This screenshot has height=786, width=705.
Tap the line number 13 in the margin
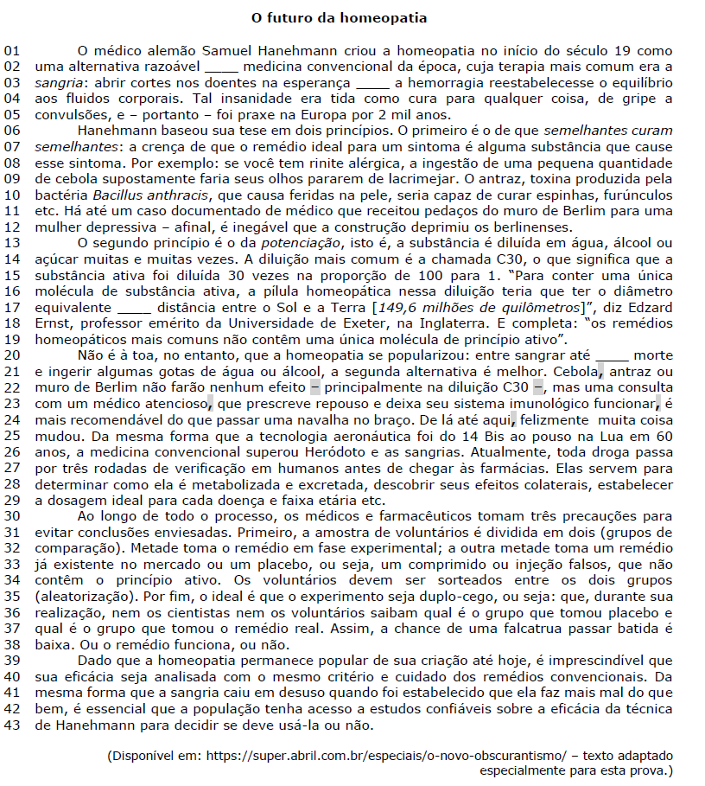(x=11, y=242)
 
